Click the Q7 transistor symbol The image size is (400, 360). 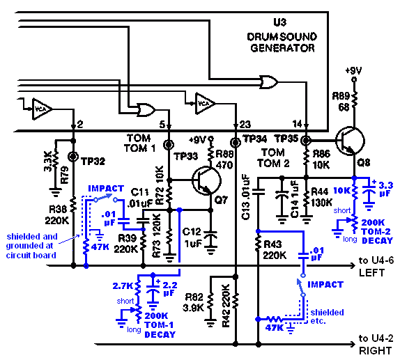click(x=206, y=180)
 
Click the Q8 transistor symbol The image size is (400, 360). click(x=351, y=141)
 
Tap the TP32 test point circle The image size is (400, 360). click(x=73, y=156)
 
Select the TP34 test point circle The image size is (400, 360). click(x=236, y=143)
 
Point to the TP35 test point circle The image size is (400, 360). click(x=306, y=140)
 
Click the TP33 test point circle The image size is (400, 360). click(x=169, y=145)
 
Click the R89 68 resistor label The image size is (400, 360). click(x=341, y=102)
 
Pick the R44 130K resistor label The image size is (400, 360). click(x=322, y=197)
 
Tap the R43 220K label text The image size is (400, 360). click(x=275, y=249)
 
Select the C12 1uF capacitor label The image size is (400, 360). click(x=192, y=237)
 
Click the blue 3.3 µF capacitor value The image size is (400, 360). click(x=385, y=189)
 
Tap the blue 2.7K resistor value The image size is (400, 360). click(x=123, y=286)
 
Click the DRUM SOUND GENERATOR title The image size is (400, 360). click(x=282, y=42)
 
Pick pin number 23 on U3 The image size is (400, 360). click(x=245, y=125)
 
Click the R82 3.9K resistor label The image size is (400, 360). click(x=194, y=302)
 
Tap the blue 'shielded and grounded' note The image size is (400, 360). click(x=31, y=246)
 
